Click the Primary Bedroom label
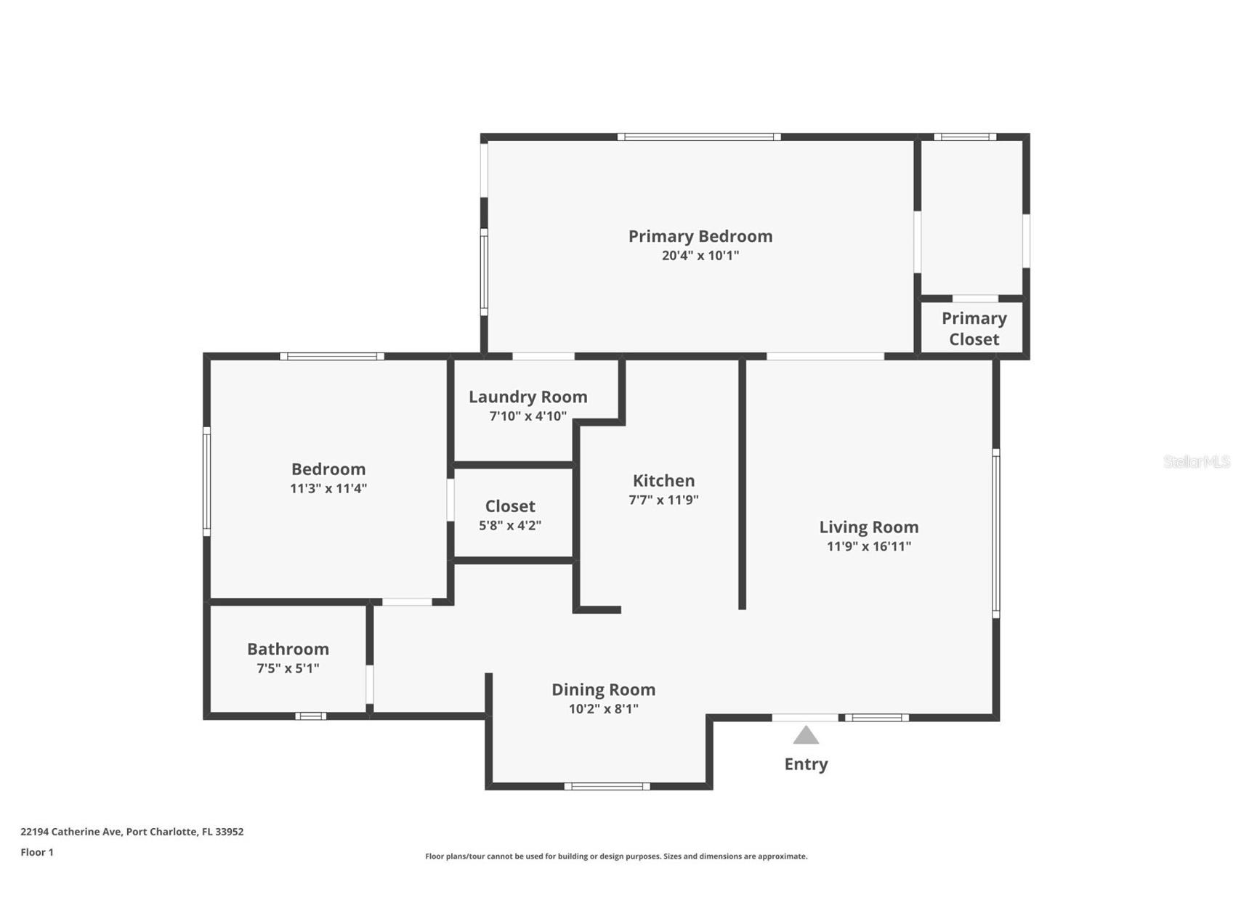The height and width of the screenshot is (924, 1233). [x=700, y=236]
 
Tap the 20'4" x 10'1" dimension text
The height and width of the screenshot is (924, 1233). [x=700, y=256]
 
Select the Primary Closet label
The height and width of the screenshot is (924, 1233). [x=974, y=329]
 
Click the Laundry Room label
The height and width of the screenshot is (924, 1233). [x=527, y=397]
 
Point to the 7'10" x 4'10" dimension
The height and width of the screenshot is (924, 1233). [x=527, y=416]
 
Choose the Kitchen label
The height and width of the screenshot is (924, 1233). [x=663, y=480]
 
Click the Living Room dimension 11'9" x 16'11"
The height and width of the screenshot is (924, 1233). [x=868, y=546]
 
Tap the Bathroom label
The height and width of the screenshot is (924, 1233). [x=288, y=649]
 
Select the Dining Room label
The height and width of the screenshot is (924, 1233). [x=603, y=689]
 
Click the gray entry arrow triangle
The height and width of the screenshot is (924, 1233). [x=806, y=737]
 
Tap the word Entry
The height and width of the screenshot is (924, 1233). [x=806, y=764]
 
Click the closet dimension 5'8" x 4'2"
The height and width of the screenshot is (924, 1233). [x=509, y=525]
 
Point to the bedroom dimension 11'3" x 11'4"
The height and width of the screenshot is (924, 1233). [x=328, y=488]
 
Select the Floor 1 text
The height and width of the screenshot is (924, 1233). [x=36, y=852]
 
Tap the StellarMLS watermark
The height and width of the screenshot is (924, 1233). [x=1196, y=461]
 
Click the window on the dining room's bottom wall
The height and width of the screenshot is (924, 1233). [x=607, y=786]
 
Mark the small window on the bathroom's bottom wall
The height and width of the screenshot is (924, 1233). [x=310, y=716]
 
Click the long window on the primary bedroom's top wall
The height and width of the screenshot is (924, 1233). [x=699, y=137]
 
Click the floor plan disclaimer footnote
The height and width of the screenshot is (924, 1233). [x=616, y=856]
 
